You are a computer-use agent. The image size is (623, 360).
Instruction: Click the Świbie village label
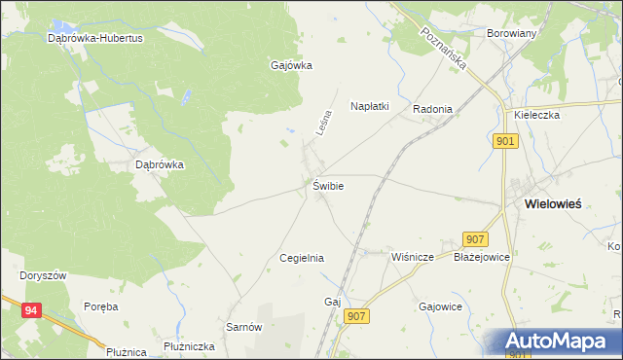(x=328, y=185)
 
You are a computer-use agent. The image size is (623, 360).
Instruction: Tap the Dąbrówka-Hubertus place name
(x=95, y=39)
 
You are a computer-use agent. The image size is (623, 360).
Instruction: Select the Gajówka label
(x=290, y=66)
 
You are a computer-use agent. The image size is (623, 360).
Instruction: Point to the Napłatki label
(x=370, y=106)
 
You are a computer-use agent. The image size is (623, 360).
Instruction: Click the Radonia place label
(x=432, y=109)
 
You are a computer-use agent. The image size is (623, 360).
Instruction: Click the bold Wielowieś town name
(x=553, y=204)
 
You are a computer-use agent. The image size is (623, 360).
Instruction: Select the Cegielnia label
(x=301, y=258)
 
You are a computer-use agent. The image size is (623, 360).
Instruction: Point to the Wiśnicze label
(x=411, y=258)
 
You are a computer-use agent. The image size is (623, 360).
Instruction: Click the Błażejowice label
(x=482, y=258)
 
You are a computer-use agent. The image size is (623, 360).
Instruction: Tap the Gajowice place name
(x=439, y=306)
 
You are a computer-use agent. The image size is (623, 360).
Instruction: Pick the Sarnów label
(x=244, y=327)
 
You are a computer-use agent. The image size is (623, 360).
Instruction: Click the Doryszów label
(x=43, y=275)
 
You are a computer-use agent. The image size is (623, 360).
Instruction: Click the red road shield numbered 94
(x=32, y=310)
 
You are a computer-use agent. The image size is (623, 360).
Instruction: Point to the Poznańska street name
(x=446, y=48)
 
